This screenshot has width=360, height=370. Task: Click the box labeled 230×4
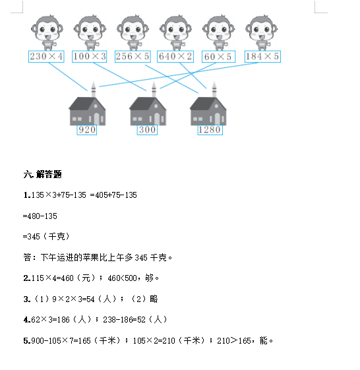46,57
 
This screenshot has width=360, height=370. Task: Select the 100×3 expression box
90,57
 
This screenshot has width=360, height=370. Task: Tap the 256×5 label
133,57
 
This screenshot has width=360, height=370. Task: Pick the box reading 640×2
175,57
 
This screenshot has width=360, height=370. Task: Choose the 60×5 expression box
218,57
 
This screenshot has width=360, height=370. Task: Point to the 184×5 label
262,57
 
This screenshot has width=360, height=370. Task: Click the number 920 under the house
87,130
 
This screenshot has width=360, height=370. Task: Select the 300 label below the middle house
147,130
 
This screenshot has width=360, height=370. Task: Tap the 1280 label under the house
210,130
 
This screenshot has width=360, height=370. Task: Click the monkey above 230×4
47,32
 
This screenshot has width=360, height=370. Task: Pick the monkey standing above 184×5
261,32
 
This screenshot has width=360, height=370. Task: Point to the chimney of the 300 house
154,89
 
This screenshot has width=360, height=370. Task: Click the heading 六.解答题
42,174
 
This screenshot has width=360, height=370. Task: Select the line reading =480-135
40,216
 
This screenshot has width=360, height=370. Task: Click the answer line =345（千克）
46,236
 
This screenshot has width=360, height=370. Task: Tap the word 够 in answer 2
149,278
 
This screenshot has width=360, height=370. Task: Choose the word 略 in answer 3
154,299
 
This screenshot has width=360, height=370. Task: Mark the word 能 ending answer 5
264,340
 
